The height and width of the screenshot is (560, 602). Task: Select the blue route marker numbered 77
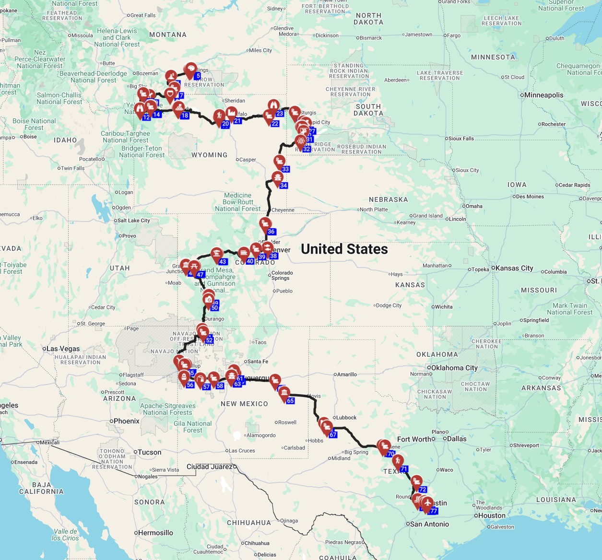(x=434, y=511)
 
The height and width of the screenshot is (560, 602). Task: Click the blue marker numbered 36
(x=271, y=232)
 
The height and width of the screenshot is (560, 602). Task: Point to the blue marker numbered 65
(x=290, y=401)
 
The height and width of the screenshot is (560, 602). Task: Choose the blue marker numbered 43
(x=223, y=262)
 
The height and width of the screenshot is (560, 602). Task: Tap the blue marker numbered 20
(x=225, y=124)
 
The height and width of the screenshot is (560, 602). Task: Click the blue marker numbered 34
(x=283, y=186)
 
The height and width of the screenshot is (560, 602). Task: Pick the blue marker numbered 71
(x=404, y=469)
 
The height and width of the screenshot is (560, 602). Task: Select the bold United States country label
(x=344, y=249)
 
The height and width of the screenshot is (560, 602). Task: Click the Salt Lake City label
(x=133, y=221)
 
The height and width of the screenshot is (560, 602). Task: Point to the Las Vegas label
(x=63, y=349)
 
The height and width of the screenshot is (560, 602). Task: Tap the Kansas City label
(x=514, y=268)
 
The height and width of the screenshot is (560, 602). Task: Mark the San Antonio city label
(x=429, y=524)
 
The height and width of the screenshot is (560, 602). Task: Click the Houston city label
(x=492, y=515)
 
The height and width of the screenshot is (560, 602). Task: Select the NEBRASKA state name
(x=388, y=199)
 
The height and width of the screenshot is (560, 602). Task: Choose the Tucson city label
(x=149, y=452)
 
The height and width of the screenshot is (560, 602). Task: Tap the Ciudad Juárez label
(x=210, y=467)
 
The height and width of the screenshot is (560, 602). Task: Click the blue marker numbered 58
(x=220, y=386)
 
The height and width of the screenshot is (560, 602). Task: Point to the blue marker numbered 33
(x=285, y=169)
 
